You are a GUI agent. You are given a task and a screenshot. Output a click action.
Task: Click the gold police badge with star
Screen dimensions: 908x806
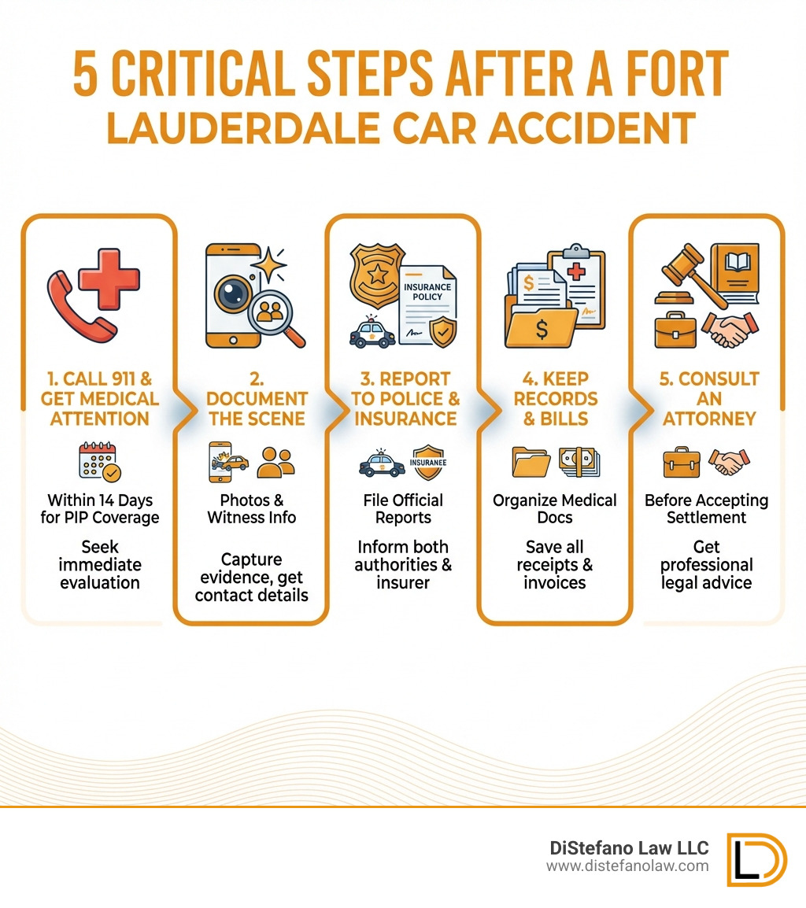pyautogui.click(x=379, y=275)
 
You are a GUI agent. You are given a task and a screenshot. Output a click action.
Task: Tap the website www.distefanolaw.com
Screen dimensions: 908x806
pyautogui.click(x=627, y=866)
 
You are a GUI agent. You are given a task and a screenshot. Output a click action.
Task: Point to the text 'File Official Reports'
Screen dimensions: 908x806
pyautogui.click(x=403, y=509)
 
